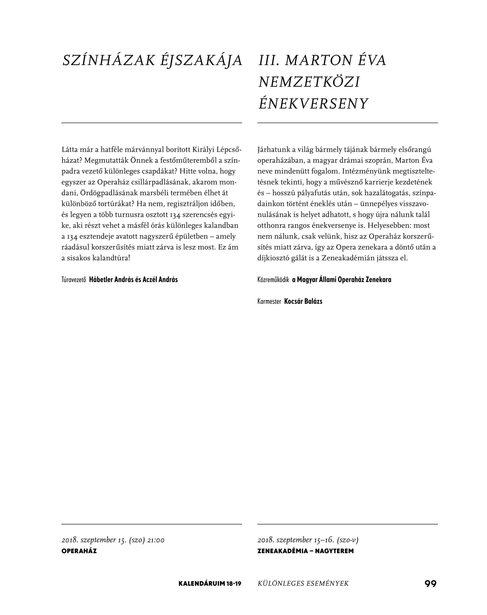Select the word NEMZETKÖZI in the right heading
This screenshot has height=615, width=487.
(x=309, y=82)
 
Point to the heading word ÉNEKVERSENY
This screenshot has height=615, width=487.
(x=313, y=104)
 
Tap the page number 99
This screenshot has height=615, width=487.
(x=430, y=583)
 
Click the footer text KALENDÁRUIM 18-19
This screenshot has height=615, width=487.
(x=210, y=583)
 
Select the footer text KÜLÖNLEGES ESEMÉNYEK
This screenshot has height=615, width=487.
(x=303, y=583)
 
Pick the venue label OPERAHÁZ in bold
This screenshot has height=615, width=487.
(x=79, y=551)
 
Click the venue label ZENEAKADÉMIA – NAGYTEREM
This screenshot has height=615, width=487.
(x=305, y=551)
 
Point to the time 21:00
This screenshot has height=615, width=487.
(x=156, y=540)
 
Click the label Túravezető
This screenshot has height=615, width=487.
(x=73, y=280)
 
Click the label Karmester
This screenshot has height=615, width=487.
(x=269, y=301)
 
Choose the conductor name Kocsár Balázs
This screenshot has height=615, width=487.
(x=303, y=301)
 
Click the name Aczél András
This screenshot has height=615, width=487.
(x=160, y=280)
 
